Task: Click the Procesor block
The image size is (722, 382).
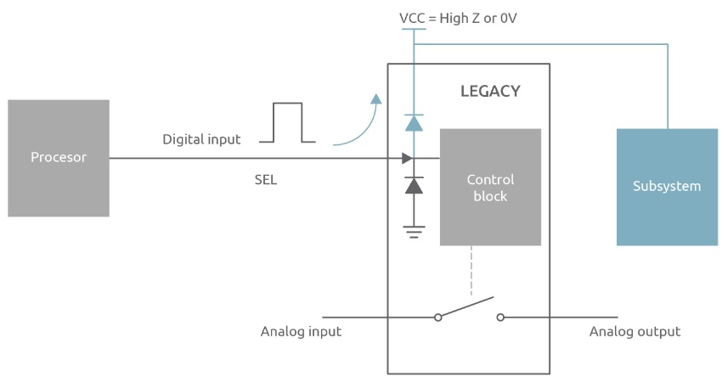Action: tap(59, 158)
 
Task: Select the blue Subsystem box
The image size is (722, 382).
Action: tap(667, 187)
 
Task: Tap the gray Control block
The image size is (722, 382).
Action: tap(490, 187)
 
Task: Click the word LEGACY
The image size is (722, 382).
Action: tap(490, 91)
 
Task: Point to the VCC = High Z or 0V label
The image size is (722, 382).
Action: tap(458, 17)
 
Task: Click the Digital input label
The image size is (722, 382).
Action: tap(201, 139)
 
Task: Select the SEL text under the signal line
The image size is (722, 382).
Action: tap(266, 181)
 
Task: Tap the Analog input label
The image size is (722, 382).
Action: tap(301, 331)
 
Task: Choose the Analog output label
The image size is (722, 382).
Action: tap(635, 331)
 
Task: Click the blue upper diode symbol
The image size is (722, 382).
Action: tap(414, 123)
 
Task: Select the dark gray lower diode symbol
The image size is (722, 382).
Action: tap(414, 185)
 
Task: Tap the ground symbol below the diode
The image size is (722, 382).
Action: tap(414, 231)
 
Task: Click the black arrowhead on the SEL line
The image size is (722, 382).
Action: tap(407, 158)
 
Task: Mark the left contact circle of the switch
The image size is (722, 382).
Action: tap(437, 317)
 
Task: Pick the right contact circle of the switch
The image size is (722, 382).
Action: tap(500, 317)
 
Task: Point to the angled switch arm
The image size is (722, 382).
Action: tap(467, 306)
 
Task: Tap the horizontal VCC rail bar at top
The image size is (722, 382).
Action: tap(414, 30)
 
